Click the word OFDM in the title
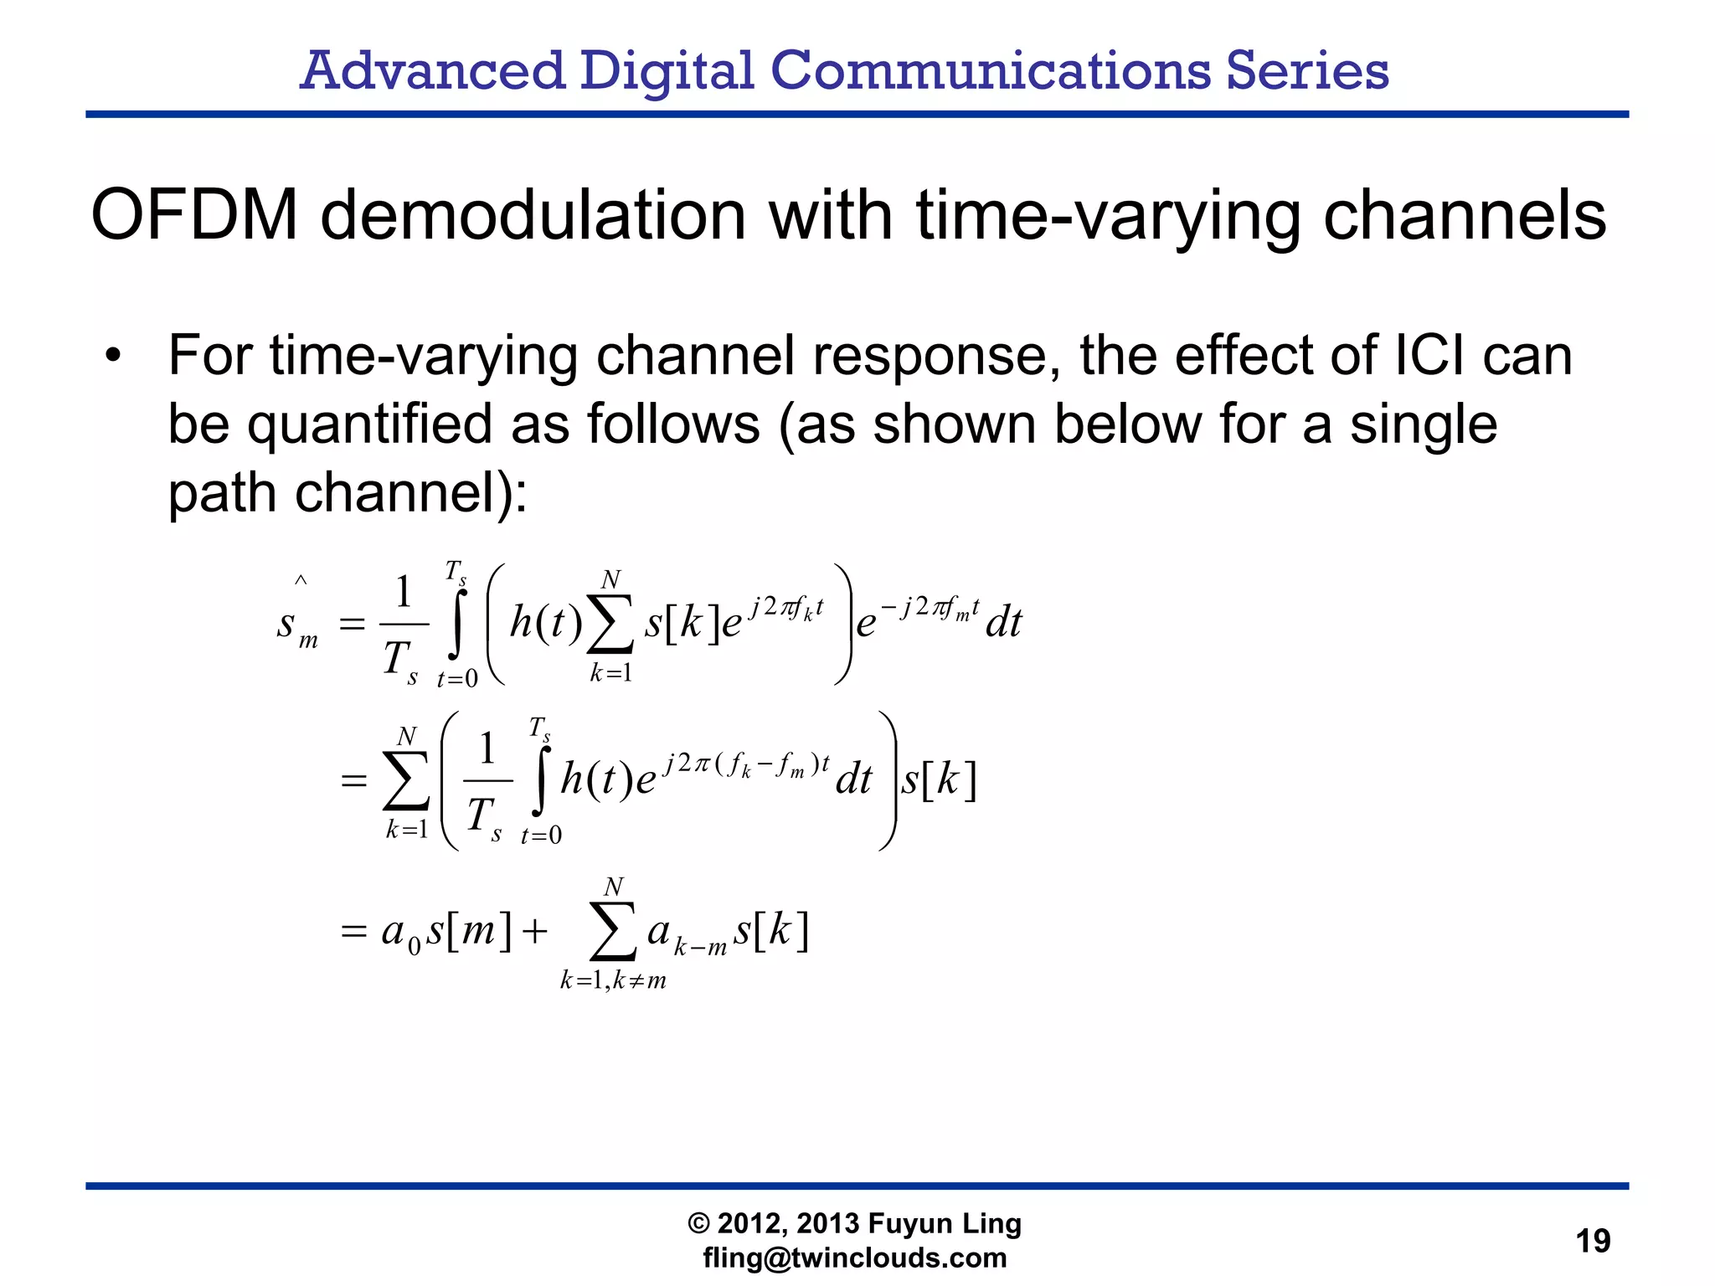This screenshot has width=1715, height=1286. [194, 215]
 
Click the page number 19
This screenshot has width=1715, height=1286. [1592, 1241]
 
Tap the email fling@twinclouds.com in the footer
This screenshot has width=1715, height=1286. [854, 1258]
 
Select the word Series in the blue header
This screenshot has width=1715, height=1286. [1307, 70]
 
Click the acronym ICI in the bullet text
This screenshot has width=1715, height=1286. [1429, 356]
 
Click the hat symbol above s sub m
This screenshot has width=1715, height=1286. [301, 580]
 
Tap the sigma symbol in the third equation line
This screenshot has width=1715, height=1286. [612, 931]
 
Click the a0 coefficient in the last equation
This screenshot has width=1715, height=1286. [400, 933]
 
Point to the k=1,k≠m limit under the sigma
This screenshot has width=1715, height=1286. [613, 980]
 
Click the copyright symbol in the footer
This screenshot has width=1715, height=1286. [698, 1224]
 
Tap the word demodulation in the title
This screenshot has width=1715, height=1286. [533, 215]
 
